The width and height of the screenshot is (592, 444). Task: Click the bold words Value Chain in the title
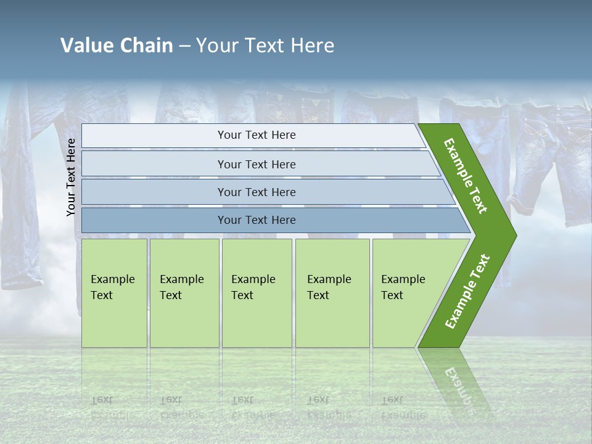pyautogui.click(x=117, y=46)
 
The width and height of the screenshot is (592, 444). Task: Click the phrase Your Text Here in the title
pyautogui.click(x=265, y=46)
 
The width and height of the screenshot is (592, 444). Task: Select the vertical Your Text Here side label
pyautogui.click(x=71, y=177)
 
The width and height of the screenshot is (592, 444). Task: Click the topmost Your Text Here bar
pyautogui.click(x=256, y=135)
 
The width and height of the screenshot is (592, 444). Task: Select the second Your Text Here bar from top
pyautogui.click(x=256, y=164)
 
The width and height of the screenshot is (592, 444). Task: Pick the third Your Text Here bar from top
pyautogui.click(x=256, y=192)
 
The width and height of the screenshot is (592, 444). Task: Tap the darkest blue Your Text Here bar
pyautogui.click(x=256, y=220)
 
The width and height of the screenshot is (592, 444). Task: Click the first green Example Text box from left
pyautogui.click(x=114, y=293)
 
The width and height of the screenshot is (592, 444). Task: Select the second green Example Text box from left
pyautogui.click(x=184, y=293)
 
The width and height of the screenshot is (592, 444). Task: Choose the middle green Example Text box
pyautogui.click(x=257, y=293)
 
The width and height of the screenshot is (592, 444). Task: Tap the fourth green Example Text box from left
pyautogui.click(x=332, y=293)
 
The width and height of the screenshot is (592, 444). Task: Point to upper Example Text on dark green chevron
pyautogui.click(x=466, y=176)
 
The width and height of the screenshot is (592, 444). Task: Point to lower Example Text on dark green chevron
pyautogui.click(x=467, y=292)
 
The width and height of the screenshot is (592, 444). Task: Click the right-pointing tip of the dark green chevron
pyautogui.click(x=512, y=236)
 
